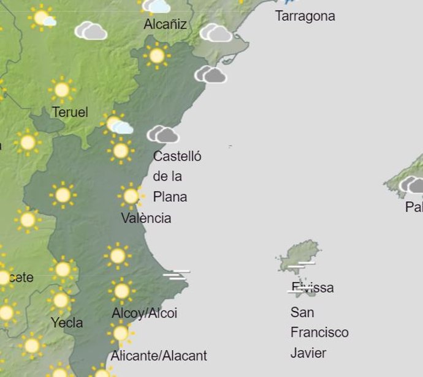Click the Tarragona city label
[x=305, y=16]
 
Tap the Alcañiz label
[x=165, y=25]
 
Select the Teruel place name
[x=70, y=113]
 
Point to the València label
[x=146, y=218]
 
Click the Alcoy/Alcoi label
[x=144, y=313]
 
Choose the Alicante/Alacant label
[x=159, y=356]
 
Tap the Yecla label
[x=67, y=323]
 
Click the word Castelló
[x=177, y=156]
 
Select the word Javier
[x=308, y=353]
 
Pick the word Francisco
[x=319, y=333]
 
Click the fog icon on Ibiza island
[x=304, y=265]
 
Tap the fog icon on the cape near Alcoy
[x=176, y=275]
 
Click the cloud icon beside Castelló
[x=163, y=134]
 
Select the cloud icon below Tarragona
[x=210, y=75]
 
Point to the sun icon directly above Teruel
[x=61, y=90]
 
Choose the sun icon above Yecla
[x=60, y=300]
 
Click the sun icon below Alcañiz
[x=157, y=56]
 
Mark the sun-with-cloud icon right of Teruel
[x=116, y=124]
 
